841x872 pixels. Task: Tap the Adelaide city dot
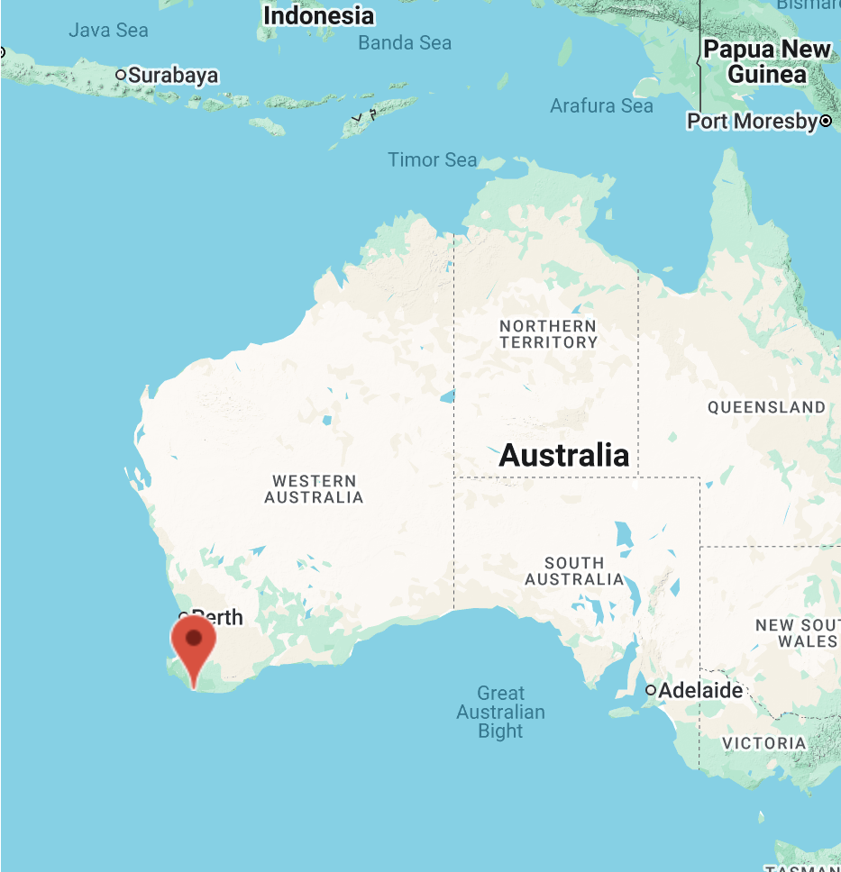click(x=651, y=691)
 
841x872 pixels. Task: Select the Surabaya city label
click(x=173, y=75)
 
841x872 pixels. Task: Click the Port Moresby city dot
click(x=826, y=121)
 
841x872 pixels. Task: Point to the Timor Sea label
click(x=433, y=160)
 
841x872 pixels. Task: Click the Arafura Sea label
click(x=601, y=106)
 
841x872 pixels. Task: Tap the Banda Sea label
click(x=405, y=42)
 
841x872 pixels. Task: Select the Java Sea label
click(x=108, y=31)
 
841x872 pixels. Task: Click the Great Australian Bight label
click(x=500, y=712)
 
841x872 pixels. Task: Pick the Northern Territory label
click(x=548, y=333)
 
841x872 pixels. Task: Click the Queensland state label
click(x=766, y=407)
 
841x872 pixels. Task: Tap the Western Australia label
click(x=314, y=489)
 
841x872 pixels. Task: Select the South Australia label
click(x=574, y=570)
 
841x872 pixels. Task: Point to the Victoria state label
click(x=764, y=743)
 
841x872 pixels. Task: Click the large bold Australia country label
click(x=564, y=455)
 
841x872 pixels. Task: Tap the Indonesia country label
click(x=318, y=15)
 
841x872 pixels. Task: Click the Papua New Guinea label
click(x=767, y=61)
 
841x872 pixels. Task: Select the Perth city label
click(x=218, y=618)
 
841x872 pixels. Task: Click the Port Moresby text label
click(x=752, y=121)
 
